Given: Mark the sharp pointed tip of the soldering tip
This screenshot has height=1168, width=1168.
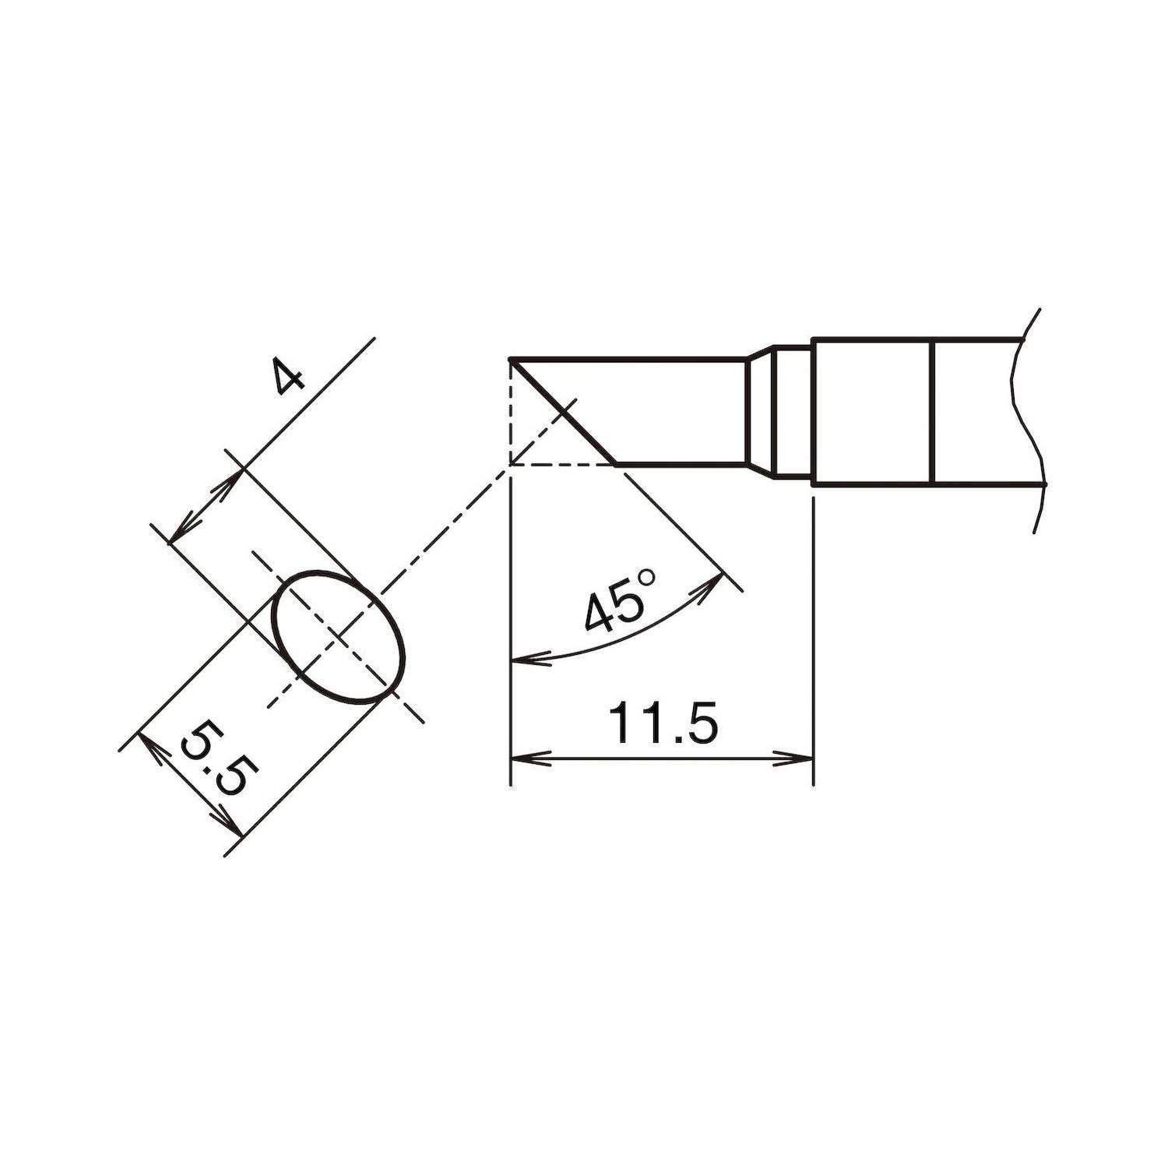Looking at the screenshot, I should tap(510, 360).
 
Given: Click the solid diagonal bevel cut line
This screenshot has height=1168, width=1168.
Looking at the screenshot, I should tap(562, 412).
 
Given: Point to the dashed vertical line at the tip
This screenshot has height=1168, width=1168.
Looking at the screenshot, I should tap(509, 413).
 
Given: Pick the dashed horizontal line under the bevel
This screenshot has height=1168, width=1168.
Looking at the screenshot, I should tap(561, 465).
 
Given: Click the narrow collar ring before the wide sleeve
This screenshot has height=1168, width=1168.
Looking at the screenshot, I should tap(793, 411).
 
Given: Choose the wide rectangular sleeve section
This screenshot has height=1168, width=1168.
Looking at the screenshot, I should tap(871, 411).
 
